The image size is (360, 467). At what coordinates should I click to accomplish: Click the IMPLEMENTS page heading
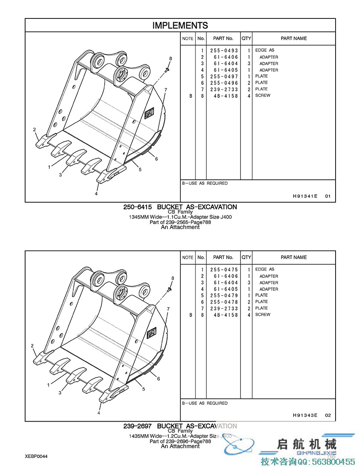[x=180, y=25]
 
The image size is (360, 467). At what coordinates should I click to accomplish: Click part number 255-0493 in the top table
[x=224, y=51]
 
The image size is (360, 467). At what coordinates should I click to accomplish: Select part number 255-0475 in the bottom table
[x=224, y=270]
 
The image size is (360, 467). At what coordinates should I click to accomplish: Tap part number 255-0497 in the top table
[x=224, y=76]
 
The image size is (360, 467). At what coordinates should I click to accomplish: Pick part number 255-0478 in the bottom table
[x=224, y=302]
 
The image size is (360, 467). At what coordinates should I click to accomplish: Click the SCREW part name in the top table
[x=263, y=96]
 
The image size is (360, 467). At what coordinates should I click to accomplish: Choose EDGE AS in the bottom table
[x=264, y=269]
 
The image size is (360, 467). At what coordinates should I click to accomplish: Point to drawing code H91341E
[x=305, y=196]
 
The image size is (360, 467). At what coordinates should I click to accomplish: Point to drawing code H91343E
[x=305, y=415]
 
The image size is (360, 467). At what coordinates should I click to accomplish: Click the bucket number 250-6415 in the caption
[x=138, y=207]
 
